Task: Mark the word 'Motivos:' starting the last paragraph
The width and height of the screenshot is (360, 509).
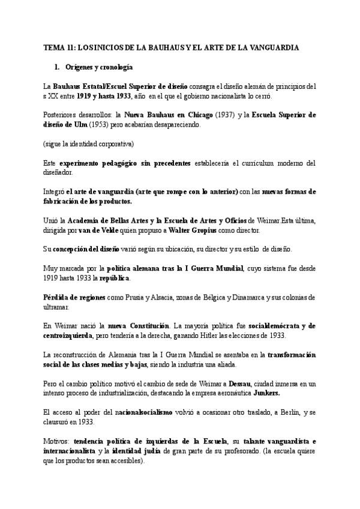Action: point(56,442)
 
